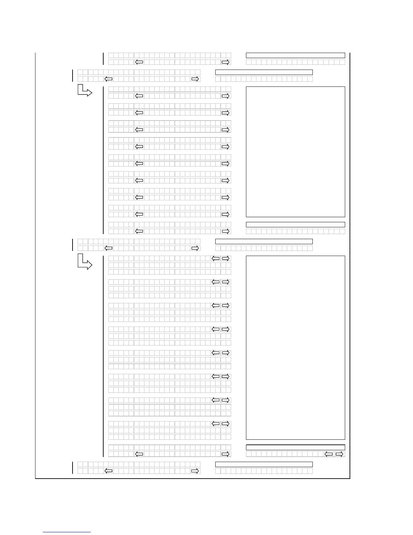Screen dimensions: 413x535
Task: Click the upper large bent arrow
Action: tap(85, 91)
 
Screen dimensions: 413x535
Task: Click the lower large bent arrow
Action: tap(85, 262)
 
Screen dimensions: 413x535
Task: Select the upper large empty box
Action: tap(295, 152)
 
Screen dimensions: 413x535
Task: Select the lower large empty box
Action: tap(295, 348)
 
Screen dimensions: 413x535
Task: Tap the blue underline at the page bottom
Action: tap(67, 532)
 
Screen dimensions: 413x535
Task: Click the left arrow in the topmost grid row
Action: tap(139, 62)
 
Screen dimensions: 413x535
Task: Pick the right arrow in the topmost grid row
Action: tap(226, 62)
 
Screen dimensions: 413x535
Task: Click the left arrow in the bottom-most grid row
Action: tap(109, 471)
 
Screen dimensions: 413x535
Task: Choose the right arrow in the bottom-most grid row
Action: tap(195, 471)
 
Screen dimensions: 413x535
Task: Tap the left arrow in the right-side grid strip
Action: tap(329, 454)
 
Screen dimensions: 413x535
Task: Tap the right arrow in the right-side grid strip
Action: tap(339, 454)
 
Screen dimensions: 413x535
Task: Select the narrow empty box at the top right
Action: tap(295, 55)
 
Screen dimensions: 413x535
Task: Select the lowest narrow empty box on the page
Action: tap(264, 464)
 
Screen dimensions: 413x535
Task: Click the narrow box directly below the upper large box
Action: tap(295, 225)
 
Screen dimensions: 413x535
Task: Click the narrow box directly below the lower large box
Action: tap(295, 448)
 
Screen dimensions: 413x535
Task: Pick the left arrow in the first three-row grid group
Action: tap(215, 258)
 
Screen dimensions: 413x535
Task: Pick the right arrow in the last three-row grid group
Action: tap(226, 424)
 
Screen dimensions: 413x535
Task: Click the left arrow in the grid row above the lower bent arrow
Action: tap(109, 248)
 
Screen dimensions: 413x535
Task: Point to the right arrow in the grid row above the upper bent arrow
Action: tap(195, 79)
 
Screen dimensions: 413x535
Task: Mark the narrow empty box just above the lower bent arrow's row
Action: tap(264, 241)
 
